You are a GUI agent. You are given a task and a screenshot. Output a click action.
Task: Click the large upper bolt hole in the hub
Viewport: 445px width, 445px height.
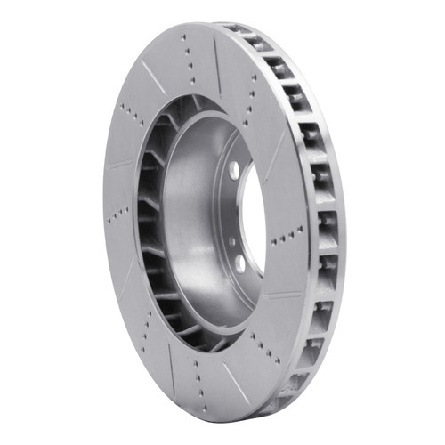(234, 168)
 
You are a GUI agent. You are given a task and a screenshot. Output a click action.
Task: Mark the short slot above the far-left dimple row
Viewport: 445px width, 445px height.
(116, 164)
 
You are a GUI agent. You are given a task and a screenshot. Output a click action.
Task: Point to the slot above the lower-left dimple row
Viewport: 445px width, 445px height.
(125, 267)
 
